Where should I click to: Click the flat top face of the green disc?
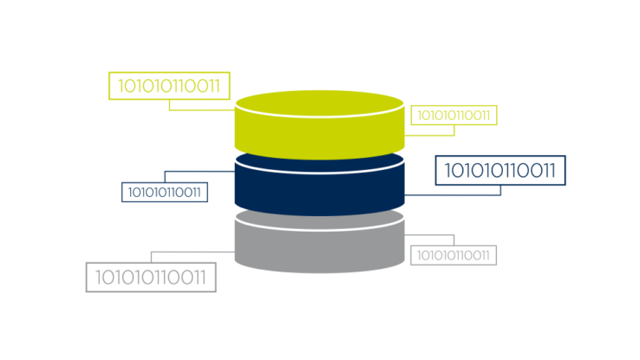pyautogui.click(x=320, y=103)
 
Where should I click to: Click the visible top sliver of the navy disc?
pyautogui.click(x=320, y=166)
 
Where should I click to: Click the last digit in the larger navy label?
pyautogui.click(x=552, y=170)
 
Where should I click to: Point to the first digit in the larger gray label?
pyautogui.click(x=98, y=277)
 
